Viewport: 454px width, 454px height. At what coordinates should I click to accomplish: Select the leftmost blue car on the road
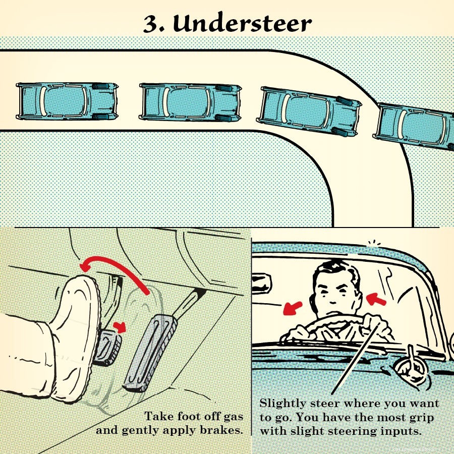pyautogui.click(x=67, y=101)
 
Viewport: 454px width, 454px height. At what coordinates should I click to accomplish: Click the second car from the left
pyautogui.click(x=189, y=102)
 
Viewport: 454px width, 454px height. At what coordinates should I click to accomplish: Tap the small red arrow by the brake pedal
pyautogui.click(x=120, y=326)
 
